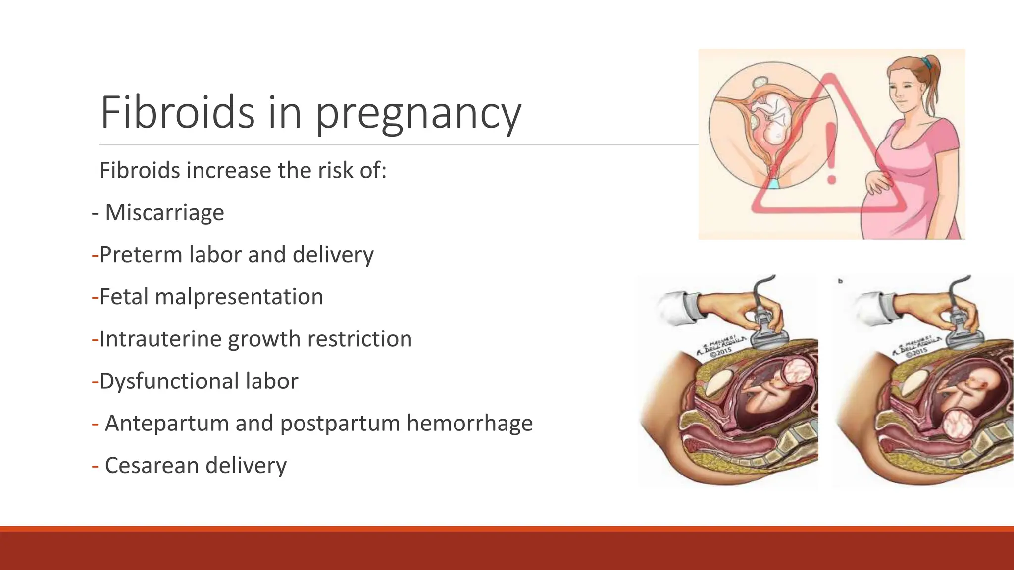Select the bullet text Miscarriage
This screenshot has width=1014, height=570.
tap(164, 213)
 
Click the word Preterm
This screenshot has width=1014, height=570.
tap(141, 255)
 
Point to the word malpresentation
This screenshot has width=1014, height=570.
tap(239, 297)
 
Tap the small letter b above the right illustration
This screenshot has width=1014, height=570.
tap(840, 281)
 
